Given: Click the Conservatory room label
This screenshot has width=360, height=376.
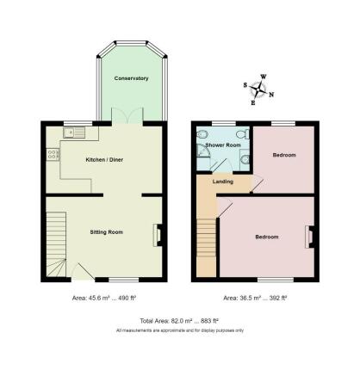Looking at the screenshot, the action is coord(131,78).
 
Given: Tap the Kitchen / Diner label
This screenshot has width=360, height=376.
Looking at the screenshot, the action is coord(104,160).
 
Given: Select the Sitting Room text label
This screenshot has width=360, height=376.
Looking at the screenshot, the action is coord(106,232).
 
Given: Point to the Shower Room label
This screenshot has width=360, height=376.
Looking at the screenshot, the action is coord(223,145).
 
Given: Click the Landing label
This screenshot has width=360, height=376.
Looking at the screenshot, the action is coord(223,182).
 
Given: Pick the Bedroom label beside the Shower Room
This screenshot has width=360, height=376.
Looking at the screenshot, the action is coord(284,155).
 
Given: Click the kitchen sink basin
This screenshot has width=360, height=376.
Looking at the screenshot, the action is coord(69,133).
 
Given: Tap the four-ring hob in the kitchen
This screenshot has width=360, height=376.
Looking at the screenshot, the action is coord(53,154).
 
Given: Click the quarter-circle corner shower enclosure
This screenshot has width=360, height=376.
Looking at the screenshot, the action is coord(203,151).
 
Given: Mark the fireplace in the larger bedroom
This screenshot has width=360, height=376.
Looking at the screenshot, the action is coord(311,237).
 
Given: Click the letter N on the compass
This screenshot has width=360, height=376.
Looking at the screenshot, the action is coord(271,95).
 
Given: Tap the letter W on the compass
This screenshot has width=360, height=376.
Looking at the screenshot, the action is coord(264,77).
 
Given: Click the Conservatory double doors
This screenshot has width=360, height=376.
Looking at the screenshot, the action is coord(127,116).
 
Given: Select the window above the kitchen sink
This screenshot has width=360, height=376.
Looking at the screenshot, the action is coord(78,124).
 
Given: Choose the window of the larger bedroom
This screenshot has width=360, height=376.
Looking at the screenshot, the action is coord(276,280).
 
